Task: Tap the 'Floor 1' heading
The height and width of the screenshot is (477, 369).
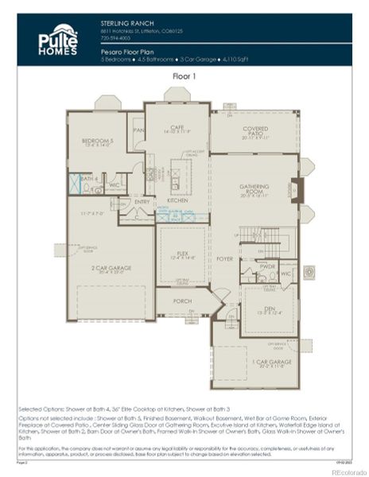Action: click(x=184, y=76)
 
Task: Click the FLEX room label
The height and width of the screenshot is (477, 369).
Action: click(x=183, y=254)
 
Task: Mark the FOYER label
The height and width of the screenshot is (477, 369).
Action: click(x=224, y=258)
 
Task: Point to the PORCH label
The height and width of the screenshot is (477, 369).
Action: click(x=183, y=301)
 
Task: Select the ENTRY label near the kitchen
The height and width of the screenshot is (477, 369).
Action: click(x=142, y=202)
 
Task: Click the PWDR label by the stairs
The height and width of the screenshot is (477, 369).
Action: click(x=267, y=266)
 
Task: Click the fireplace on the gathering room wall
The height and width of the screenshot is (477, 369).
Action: click(x=297, y=190)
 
